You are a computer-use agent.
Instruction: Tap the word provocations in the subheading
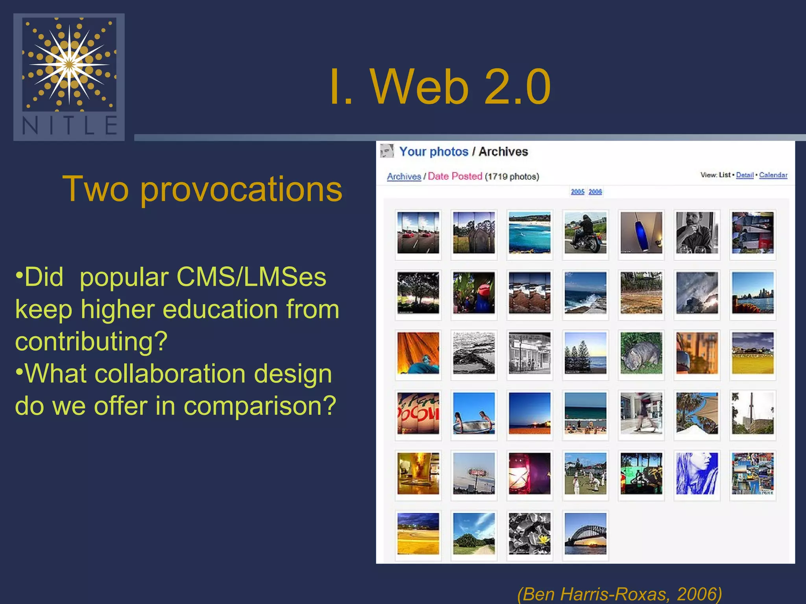(x=241, y=190)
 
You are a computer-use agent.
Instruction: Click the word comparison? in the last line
(x=260, y=406)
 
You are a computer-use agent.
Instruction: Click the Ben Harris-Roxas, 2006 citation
(x=619, y=593)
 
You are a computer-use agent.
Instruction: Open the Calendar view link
(x=773, y=175)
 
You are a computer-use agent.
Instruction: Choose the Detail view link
(x=745, y=175)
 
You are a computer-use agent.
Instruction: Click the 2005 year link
(x=577, y=192)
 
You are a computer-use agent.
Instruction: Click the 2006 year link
(x=595, y=192)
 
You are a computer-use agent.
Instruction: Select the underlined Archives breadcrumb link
(x=404, y=177)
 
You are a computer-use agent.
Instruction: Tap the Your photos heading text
(x=434, y=152)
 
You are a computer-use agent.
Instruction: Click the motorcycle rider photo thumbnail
(x=585, y=233)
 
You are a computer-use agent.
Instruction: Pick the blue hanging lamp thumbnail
(x=641, y=233)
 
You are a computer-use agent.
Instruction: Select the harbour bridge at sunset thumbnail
(x=585, y=534)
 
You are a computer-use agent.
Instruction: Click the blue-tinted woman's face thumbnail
(x=697, y=473)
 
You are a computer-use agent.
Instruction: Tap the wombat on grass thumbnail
(x=641, y=353)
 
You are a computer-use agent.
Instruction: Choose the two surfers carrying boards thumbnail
(x=474, y=413)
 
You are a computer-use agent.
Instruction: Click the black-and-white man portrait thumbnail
(x=697, y=233)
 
